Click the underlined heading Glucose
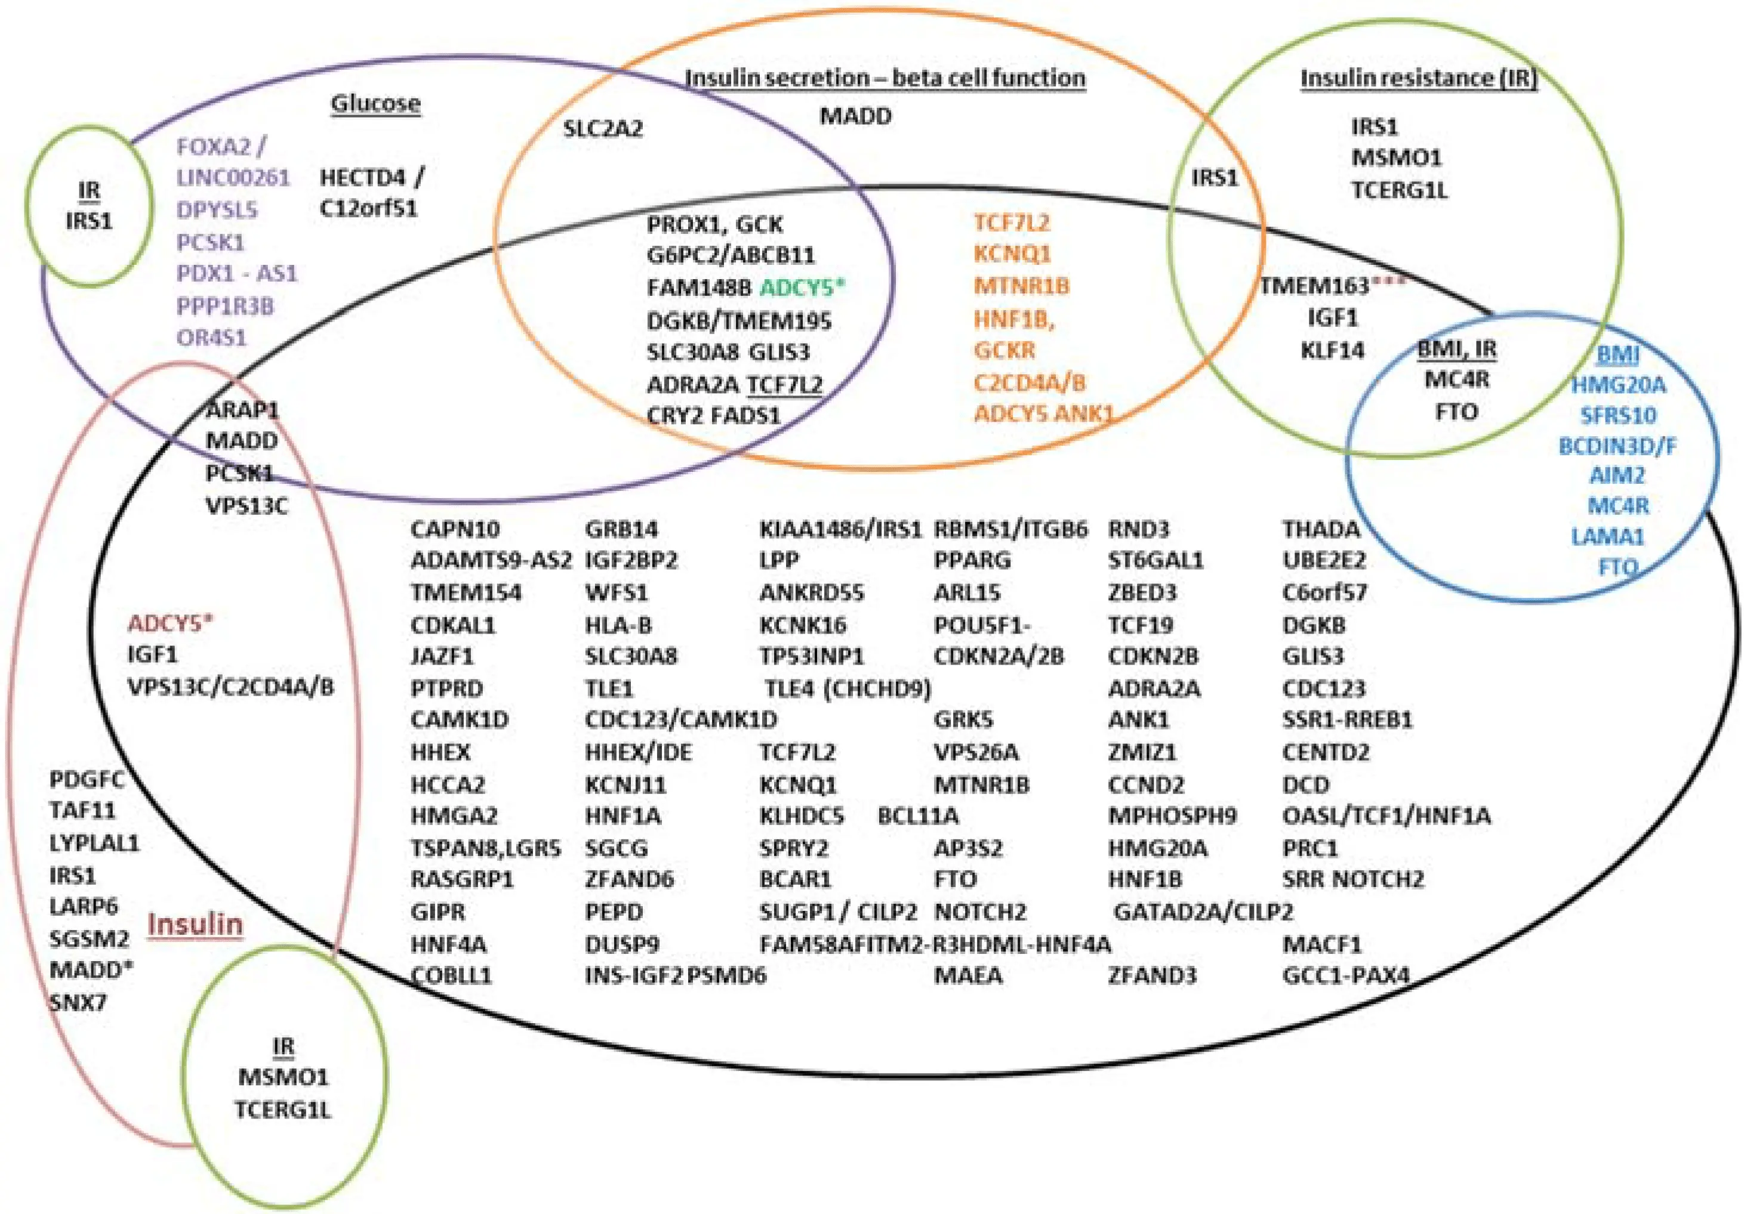375,103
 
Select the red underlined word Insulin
195,924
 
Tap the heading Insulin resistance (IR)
1418,78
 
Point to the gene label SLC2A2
603,128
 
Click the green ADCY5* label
802,288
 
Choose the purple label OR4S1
212,338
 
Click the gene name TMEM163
1315,286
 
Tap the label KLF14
1332,351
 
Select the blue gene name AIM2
1617,476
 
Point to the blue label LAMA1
1607,537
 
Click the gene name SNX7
78,1002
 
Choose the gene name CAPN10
455,529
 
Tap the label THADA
1321,529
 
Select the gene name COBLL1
451,975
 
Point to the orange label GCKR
1004,351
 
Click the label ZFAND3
1151,975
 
